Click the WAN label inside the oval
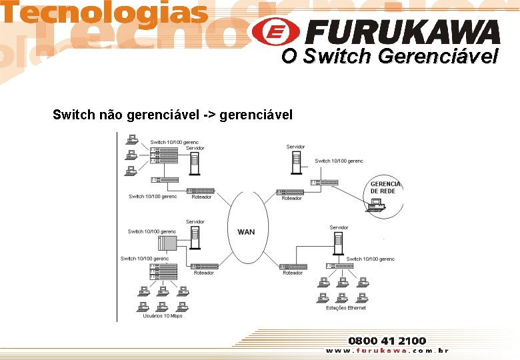click(246, 232)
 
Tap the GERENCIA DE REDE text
click(385, 187)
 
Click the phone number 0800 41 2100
click(387, 341)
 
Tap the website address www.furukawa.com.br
click(387, 351)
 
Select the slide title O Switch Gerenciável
click(389, 57)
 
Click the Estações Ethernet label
click(345, 308)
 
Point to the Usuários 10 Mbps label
click(163, 316)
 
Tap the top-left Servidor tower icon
click(195, 162)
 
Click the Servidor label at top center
click(295, 147)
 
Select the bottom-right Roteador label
click(293, 273)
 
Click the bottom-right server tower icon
click(339, 244)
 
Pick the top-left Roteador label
click(201, 197)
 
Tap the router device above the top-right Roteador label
click(289, 191)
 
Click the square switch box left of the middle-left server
click(167, 243)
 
